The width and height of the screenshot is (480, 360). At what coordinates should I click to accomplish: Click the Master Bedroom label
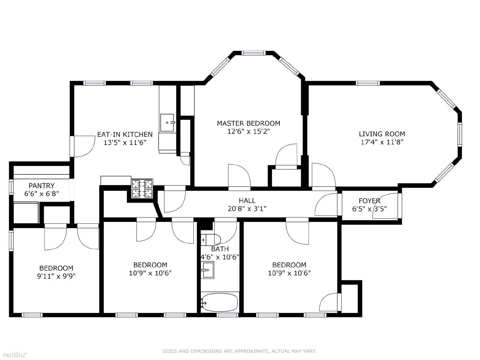point(248,123)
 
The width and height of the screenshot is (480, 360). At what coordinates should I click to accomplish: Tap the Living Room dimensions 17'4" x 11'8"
point(382,142)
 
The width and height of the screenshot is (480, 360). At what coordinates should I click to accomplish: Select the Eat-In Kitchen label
point(125,134)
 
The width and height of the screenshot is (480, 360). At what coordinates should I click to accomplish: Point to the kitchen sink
point(167,123)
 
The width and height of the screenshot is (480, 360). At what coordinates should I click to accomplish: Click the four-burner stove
point(142,188)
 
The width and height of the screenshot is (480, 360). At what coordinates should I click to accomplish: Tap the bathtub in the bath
point(220,302)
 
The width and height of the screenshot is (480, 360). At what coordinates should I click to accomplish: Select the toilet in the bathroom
point(210,240)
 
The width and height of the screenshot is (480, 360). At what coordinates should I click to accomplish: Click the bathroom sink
point(207,270)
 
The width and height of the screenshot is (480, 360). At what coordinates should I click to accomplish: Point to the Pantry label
point(41,186)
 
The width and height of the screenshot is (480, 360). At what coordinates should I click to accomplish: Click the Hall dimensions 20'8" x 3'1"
point(247,209)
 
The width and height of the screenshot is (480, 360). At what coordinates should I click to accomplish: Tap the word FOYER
point(370,201)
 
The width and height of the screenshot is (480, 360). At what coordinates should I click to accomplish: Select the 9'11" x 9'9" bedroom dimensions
point(56,276)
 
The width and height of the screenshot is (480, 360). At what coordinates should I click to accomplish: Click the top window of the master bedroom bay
point(253,53)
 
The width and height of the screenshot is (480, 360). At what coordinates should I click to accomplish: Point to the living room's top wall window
point(368,83)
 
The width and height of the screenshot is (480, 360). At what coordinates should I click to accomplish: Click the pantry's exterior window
point(11,187)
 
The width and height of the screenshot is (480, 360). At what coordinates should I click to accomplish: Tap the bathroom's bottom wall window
point(228,315)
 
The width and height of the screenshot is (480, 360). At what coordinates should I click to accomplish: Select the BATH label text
point(220,249)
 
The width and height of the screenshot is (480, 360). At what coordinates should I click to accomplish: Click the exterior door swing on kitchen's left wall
point(84,146)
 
